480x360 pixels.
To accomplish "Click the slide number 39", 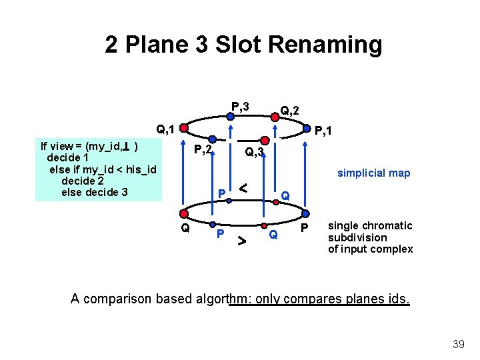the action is tap(458, 343).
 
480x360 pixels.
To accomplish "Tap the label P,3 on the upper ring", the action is tap(240, 107).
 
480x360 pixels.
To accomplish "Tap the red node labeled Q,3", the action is tap(265, 141).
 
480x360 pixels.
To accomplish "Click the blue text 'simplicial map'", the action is tap(373, 173).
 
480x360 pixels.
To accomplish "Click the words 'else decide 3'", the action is tap(94, 193).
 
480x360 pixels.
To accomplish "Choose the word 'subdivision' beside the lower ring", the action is tap(357, 237).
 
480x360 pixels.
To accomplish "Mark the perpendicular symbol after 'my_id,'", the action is tap(126, 145).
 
